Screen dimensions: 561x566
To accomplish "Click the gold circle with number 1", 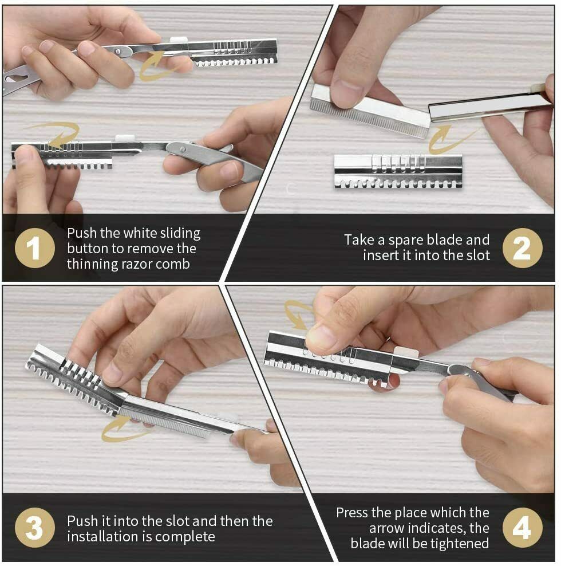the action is coord(35,248).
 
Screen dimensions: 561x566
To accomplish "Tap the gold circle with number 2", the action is coord(523,248).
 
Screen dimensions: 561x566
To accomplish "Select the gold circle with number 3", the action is coord(35,528).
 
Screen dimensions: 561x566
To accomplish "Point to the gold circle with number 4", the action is coord(523,528).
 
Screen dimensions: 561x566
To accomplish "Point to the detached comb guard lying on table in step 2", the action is coord(398,171).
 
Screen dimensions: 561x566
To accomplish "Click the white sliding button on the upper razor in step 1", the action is coord(179,40).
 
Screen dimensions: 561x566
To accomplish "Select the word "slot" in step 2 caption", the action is coord(478,255).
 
